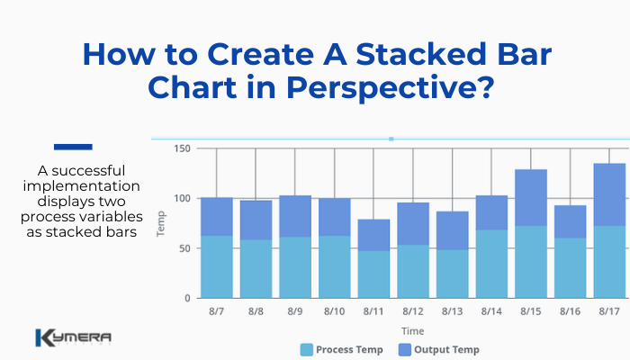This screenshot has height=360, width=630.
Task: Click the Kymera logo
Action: [73, 338]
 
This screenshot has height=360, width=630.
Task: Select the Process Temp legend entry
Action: [343, 349]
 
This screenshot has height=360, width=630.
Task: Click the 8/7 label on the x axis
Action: [217, 310]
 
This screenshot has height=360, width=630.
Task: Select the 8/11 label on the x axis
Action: [373, 310]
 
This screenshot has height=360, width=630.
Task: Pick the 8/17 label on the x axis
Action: [609, 310]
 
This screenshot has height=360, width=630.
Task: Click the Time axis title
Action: [413, 331]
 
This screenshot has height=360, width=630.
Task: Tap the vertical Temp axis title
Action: [162, 223]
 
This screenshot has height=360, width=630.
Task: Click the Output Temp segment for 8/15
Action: [531, 197]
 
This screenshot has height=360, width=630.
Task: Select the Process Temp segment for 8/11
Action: [373, 274]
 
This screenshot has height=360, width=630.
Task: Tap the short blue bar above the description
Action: [73, 147]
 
